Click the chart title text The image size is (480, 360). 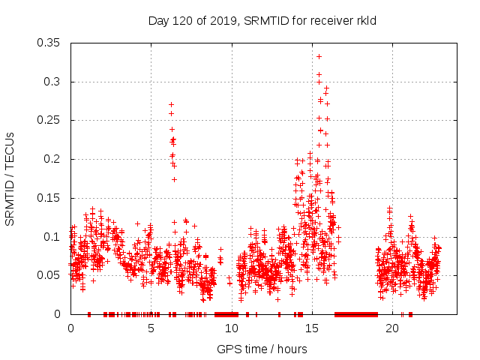262,21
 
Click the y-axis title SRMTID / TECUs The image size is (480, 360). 10,179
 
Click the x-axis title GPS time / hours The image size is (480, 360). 262,349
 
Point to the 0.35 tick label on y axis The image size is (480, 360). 49,43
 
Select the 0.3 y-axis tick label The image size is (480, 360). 52,82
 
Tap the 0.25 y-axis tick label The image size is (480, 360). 49,120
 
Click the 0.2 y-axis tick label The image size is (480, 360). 52,159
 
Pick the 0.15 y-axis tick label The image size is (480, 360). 49,198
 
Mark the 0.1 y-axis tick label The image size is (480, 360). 52,236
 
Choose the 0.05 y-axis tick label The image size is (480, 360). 49,275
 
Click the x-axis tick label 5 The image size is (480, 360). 151,328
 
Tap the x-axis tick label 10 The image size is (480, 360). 232,328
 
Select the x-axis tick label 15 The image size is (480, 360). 312,328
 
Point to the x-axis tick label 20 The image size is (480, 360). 392,328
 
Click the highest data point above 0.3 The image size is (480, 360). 319,56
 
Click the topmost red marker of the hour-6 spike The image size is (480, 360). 171,105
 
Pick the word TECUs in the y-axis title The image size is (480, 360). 10,149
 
